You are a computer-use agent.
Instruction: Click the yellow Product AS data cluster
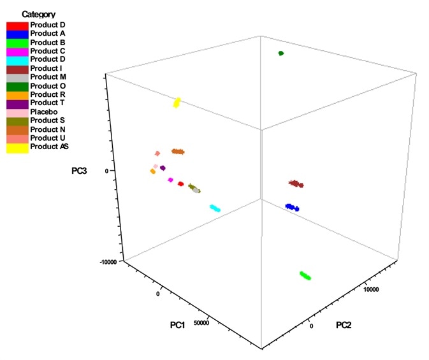[177, 103]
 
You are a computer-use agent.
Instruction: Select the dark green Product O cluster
[280, 54]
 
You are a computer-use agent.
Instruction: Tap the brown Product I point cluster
[295, 184]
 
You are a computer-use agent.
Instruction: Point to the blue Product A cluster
[292, 207]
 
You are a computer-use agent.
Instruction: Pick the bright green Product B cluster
[305, 276]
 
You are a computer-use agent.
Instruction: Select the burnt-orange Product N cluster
[178, 152]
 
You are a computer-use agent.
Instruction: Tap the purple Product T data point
[163, 168]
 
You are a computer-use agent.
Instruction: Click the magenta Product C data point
[170, 180]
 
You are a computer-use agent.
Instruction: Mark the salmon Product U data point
[157, 154]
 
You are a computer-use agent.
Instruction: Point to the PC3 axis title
[80, 170]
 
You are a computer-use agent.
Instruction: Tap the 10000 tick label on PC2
[371, 290]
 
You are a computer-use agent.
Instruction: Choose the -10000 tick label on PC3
[108, 262]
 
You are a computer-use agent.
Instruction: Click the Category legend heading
[38, 14]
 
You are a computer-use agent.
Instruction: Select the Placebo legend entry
[43, 112]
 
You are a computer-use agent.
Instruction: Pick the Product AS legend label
[49, 147]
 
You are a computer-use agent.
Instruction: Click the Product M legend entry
[47, 76]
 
